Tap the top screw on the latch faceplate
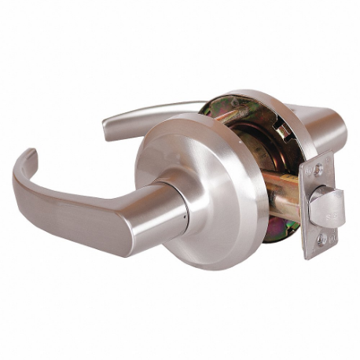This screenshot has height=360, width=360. click(318, 169)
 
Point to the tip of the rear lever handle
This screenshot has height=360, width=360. click(109, 126)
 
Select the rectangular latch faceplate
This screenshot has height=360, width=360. click(318, 204)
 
